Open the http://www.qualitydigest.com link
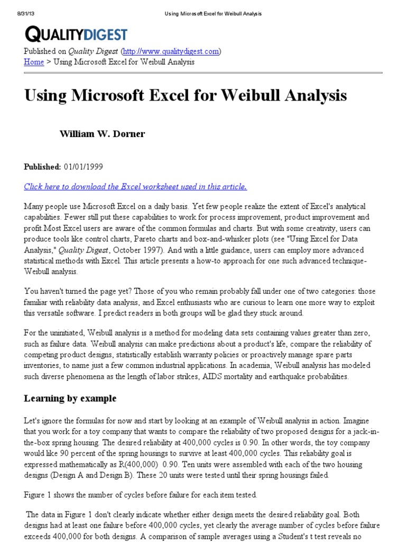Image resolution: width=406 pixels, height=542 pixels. click(x=171, y=51)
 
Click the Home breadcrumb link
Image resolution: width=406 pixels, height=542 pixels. click(x=34, y=62)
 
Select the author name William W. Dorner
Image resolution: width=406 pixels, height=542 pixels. click(x=101, y=134)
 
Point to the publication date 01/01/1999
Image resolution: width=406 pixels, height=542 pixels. click(x=84, y=167)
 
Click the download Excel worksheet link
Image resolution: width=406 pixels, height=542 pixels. click(x=135, y=186)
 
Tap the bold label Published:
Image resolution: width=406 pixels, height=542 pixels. click(x=42, y=167)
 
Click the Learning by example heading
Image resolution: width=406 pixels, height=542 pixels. click(x=70, y=398)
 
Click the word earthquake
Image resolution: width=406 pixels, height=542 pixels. click(x=295, y=376)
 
